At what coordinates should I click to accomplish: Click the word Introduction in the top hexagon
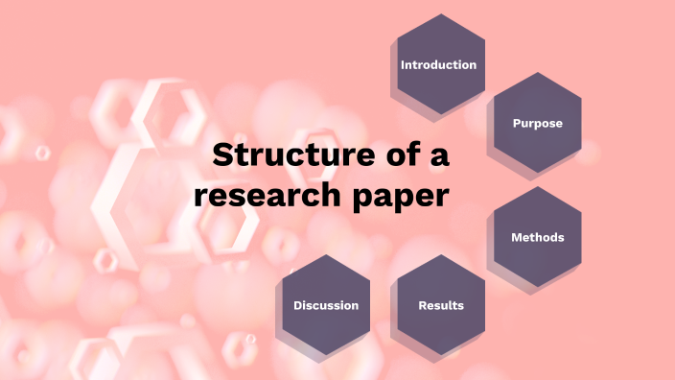pos(438,65)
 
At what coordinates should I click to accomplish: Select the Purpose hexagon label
pos(537,124)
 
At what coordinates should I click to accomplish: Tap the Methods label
pos(537,237)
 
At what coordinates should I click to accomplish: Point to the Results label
pos(441,305)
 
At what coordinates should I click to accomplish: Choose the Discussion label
pos(326,305)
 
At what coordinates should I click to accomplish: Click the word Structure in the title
pos(288,155)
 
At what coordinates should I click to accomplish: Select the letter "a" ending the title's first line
pos(439,157)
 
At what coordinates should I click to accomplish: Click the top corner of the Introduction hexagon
pos(441,14)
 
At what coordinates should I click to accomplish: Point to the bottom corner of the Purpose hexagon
pos(537,174)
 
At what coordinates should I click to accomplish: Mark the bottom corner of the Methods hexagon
pos(537,287)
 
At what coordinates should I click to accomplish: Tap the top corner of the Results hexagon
pos(441,255)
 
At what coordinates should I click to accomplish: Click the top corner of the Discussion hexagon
pos(327,255)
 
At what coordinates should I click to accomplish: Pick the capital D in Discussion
pos(298,305)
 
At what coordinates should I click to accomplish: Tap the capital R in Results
pos(422,305)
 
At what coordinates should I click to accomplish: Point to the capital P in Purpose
pos(516,124)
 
